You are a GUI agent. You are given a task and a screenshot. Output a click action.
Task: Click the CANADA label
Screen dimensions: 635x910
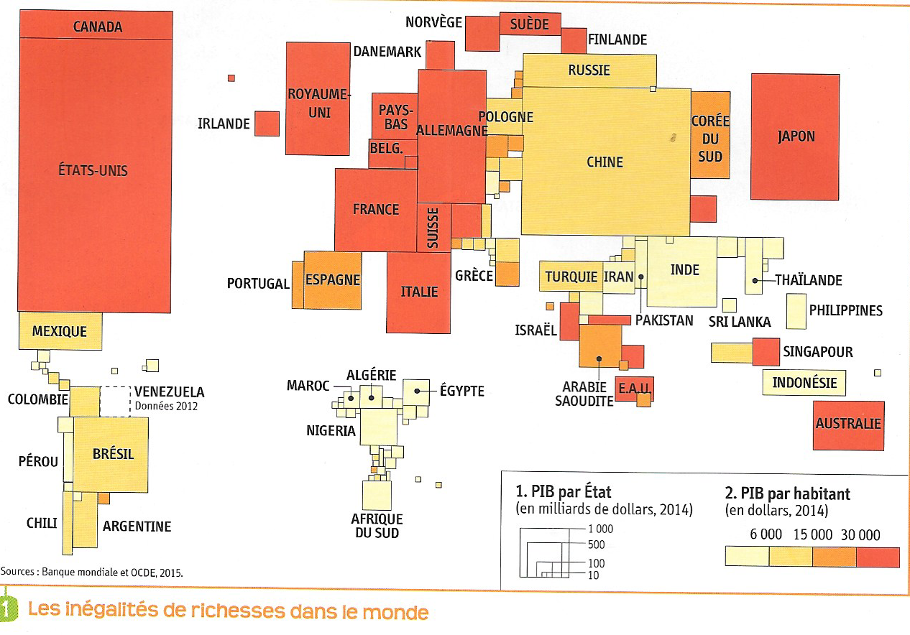(98, 27)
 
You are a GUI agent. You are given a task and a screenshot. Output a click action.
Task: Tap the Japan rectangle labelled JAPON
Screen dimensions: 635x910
(796, 136)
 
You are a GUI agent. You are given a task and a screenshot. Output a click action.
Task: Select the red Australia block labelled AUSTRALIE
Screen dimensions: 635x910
(848, 425)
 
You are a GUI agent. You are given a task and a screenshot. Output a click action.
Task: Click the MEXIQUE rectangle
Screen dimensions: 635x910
(60, 331)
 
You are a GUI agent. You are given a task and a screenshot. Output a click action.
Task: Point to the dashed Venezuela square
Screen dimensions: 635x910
(114, 401)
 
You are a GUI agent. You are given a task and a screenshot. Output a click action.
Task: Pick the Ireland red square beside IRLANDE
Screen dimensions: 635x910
(267, 124)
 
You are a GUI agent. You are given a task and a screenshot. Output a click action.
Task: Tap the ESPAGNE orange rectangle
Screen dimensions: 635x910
(332, 279)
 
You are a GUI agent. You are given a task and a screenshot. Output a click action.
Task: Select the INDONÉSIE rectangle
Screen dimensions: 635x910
(804, 383)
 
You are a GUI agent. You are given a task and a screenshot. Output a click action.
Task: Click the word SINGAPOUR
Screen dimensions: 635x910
(818, 352)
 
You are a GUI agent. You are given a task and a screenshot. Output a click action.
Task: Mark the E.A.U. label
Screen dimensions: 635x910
(634, 389)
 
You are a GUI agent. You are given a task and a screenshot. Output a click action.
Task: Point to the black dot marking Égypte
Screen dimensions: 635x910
(417, 391)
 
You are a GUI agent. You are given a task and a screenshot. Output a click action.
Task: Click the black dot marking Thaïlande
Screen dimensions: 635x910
(755, 281)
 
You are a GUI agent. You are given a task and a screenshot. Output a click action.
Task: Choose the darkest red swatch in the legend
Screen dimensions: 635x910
(878, 557)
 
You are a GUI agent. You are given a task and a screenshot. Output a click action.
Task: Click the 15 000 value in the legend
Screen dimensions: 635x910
(812, 534)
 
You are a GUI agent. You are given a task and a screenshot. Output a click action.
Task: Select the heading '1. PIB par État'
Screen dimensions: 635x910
(564, 493)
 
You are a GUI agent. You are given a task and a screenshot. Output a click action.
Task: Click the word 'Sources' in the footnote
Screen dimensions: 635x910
(20, 573)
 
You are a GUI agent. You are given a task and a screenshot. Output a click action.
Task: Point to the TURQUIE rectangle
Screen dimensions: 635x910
(570, 277)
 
